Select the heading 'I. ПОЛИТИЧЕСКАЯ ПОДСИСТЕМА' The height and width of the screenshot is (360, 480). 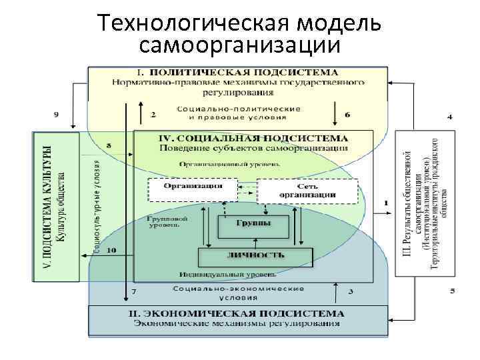pos(237,72)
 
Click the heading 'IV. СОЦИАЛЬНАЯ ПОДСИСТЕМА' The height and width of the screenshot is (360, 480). pos(257,138)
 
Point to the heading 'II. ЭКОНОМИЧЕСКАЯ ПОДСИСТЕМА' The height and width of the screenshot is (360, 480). pos(237,313)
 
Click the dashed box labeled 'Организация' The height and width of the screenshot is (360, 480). pos(192,187)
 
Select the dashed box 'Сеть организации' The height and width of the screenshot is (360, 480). pos(307,191)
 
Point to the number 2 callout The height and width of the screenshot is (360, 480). pos(153,115)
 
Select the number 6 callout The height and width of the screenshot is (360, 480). pos(348,115)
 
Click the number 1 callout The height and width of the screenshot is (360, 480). pos(386,202)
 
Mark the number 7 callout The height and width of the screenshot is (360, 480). pos(134,292)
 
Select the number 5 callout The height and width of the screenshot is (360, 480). pos(451,291)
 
